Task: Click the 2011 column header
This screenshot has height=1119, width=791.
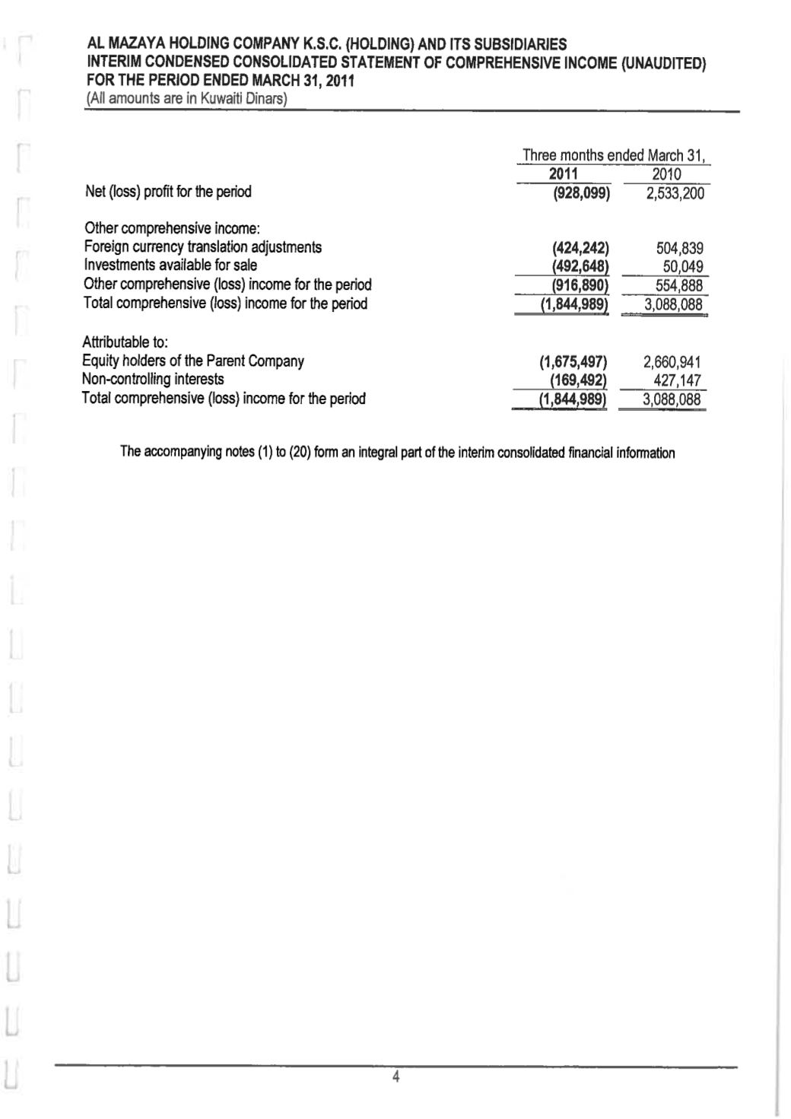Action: pyautogui.click(x=564, y=175)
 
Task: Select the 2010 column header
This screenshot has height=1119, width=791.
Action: pyautogui.click(x=666, y=175)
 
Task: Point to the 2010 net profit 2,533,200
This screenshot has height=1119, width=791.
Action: pyautogui.click(x=675, y=193)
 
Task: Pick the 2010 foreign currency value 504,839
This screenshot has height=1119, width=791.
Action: pyautogui.click(x=679, y=248)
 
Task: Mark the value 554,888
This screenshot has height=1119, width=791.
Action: pyautogui.click(x=679, y=285)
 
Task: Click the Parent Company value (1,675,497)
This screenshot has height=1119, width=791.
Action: pyautogui.click(x=573, y=362)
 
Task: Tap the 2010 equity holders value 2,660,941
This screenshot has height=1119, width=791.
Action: pyautogui.click(x=672, y=362)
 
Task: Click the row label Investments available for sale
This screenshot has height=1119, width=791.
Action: pyautogui.click(x=170, y=265)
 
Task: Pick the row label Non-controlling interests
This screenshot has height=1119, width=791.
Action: pyautogui.click(x=153, y=379)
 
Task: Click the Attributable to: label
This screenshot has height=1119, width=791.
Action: pyautogui.click(x=119, y=342)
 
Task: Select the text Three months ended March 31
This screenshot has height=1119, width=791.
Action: pyautogui.click(x=615, y=156)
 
